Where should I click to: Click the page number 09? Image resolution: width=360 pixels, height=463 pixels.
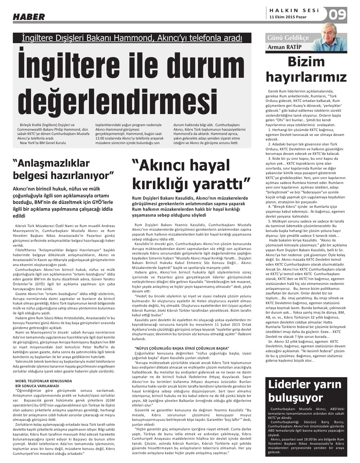click(337, 15)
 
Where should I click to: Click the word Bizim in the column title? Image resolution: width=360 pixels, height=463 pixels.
click(306, 62)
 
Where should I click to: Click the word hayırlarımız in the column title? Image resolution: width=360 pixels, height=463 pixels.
click(306, 77)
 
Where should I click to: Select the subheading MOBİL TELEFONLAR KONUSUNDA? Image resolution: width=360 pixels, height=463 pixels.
click(43, 381)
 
